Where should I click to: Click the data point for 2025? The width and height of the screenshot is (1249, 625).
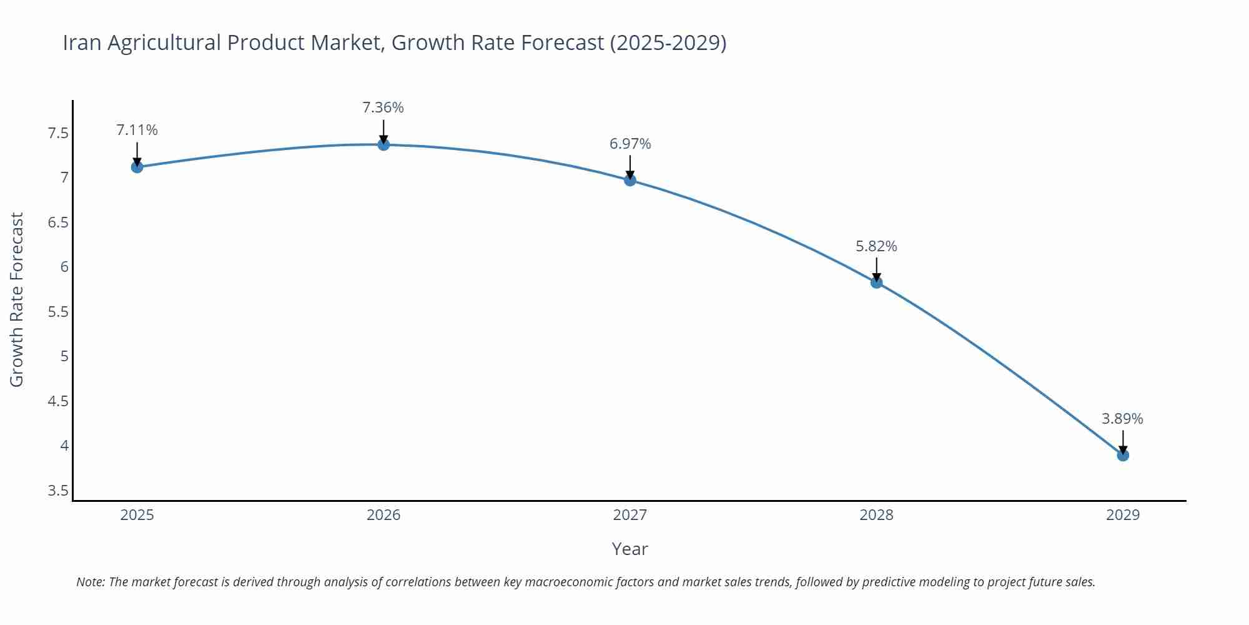click(137, 167)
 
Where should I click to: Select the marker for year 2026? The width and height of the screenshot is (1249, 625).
click(383, 144)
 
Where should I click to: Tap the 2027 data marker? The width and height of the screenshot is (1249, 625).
click(630, 180)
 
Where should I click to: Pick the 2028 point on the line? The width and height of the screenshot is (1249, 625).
click(876, 282)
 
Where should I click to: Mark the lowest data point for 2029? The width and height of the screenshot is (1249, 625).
click(1123, 455)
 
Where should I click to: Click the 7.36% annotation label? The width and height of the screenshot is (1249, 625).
click(383, 107)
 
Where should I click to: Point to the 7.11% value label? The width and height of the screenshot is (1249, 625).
click(137, 130)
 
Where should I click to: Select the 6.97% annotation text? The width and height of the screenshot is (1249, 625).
click(630, 144)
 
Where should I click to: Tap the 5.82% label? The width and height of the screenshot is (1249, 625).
click(876, 246)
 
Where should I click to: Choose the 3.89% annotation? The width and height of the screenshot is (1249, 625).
click(1122, 419)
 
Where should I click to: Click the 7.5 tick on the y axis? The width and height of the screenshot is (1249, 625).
click(58, 133)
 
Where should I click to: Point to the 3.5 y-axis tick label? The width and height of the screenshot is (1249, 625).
click(58, 491)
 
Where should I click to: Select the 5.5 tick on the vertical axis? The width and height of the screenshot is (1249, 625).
click(58, 312)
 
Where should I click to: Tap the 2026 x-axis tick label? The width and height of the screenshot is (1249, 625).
click(383, 515)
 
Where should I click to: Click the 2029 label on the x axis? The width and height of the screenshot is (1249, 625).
click(1123, 515)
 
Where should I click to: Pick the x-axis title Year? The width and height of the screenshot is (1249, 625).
click(629, 549)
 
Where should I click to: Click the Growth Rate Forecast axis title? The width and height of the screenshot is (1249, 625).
click(17, 299)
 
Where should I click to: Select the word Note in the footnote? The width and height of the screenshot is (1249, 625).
click(90, 582)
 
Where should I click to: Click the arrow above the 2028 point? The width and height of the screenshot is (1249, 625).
click(876, 269)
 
